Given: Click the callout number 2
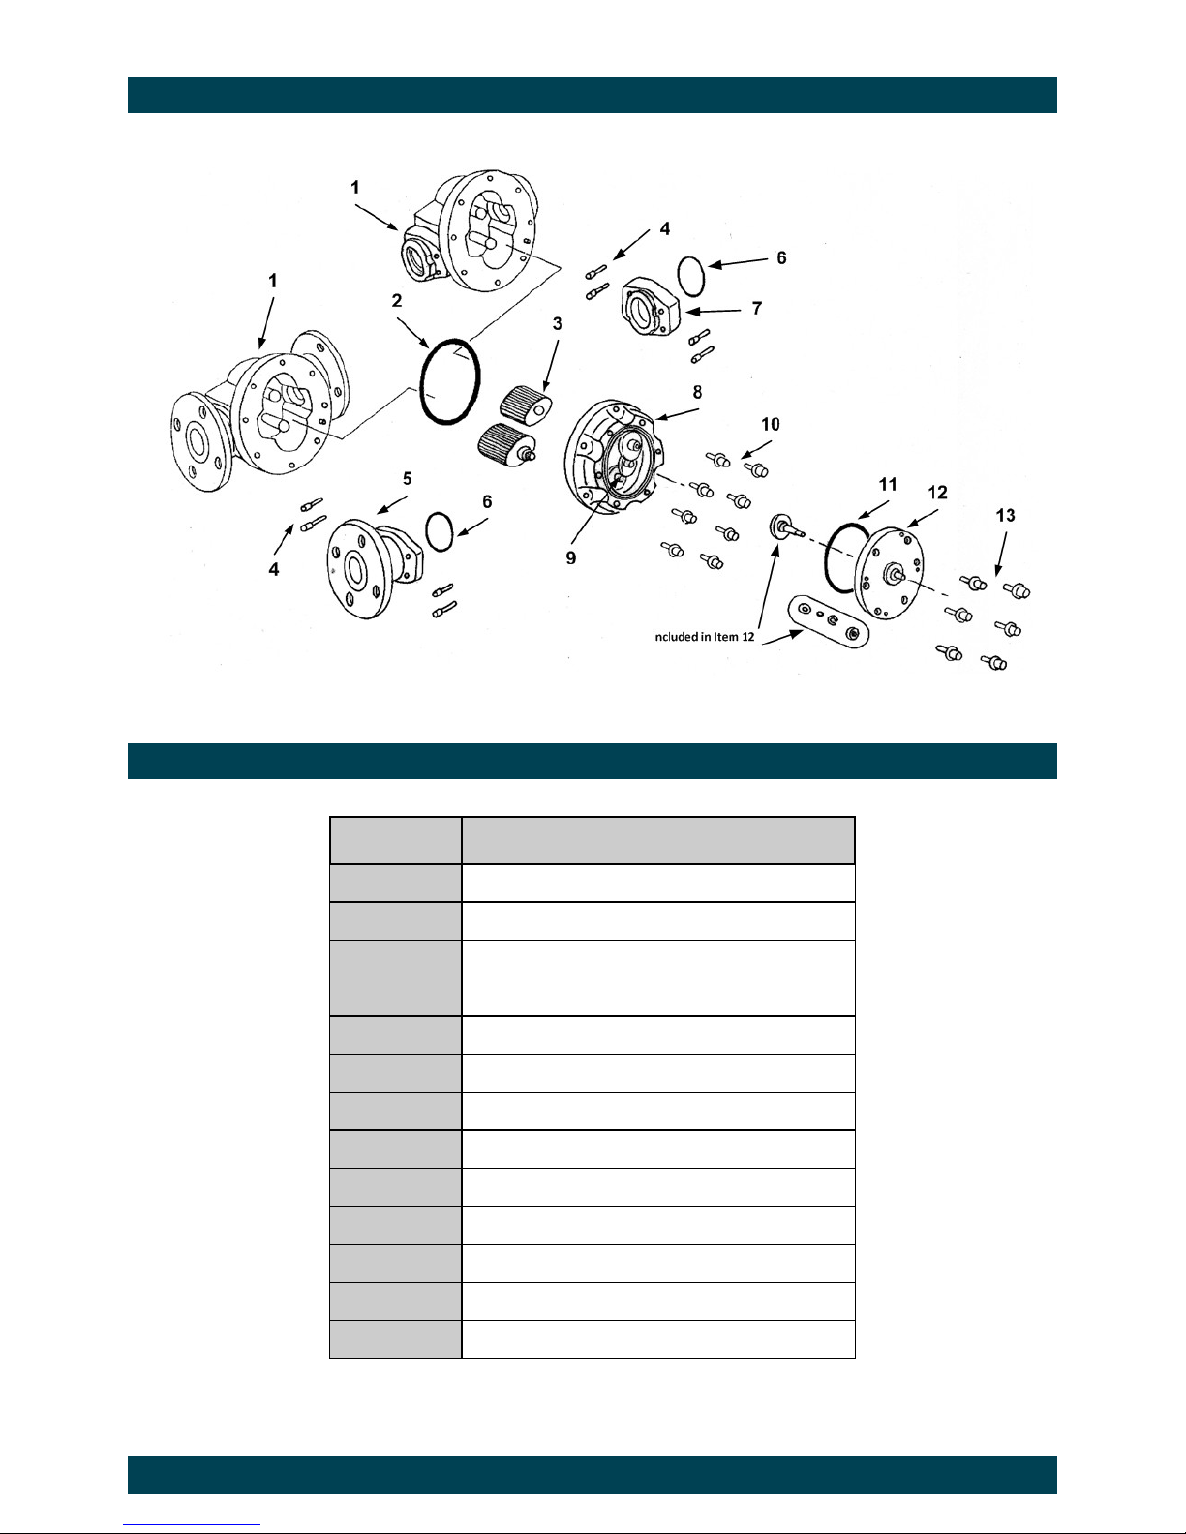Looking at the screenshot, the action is coord(397,301).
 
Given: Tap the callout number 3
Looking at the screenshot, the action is coord(557,324).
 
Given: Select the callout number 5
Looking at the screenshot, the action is coord(408,479).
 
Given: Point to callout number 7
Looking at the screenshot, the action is coord(757,309).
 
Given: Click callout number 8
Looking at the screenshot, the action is coord(697,392).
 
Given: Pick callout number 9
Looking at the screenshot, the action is coord(570,558).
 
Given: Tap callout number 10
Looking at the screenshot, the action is coord(771,424).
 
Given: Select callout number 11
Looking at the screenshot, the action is coord(888,484).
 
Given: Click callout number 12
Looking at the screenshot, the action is coord(937,493).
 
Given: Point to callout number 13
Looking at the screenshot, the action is coord(1005,515).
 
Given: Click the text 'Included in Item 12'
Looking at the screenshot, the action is coord(703,637).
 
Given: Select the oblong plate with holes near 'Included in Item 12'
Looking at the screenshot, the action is coord(828,620).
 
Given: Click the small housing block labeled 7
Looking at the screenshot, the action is coord(651,307).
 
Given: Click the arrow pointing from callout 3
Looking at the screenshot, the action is coord(551,366).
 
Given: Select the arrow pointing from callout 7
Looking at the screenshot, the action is coord(713,311).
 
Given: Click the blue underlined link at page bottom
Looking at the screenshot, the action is coord(192,1525).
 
